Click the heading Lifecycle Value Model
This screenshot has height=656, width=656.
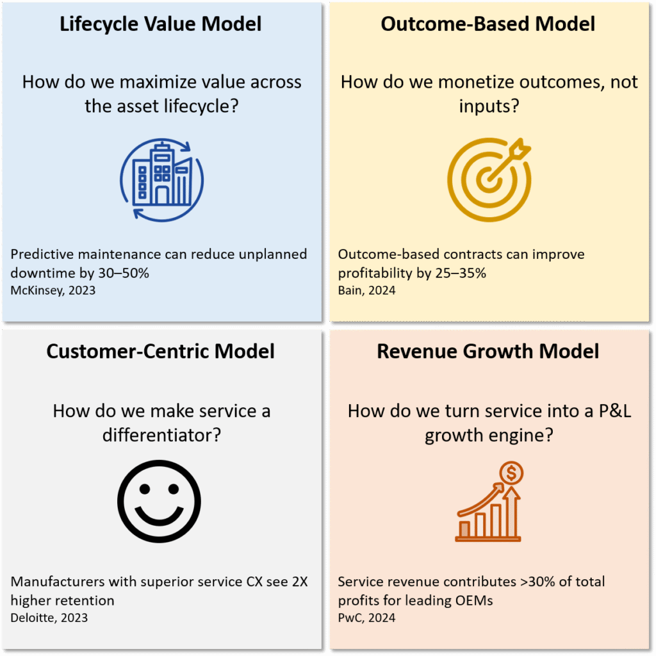161,24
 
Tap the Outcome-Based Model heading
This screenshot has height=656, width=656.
488,24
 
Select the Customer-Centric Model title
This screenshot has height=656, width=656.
161,351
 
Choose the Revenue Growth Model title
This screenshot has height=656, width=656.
488,351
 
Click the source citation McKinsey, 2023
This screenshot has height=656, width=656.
53,290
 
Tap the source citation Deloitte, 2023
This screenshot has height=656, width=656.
49,618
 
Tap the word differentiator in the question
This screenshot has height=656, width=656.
162,434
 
